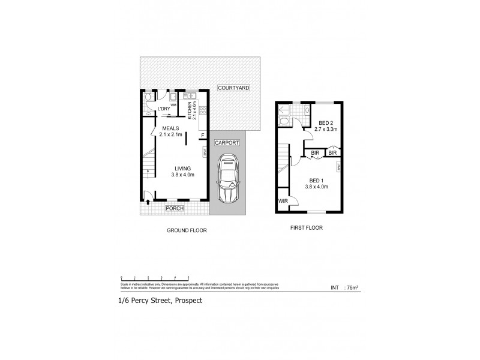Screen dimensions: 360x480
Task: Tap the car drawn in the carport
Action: [x=227, y=179]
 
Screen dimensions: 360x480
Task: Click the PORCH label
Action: [x=175, y=208]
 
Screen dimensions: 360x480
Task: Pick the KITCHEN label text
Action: [x=189, y=110]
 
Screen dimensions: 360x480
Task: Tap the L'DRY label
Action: [x=164, y=109]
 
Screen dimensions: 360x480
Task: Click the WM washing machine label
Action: [x=173, y=104]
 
